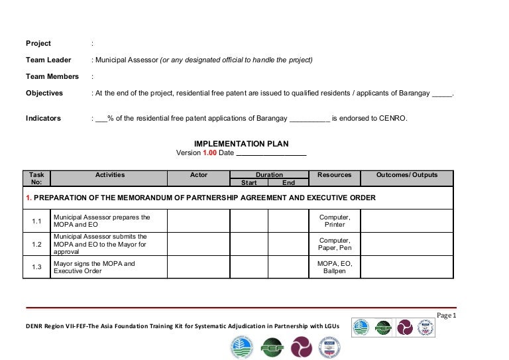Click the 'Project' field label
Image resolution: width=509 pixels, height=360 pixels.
click(x=38, y=44)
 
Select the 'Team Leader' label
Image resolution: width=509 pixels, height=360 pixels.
click(x=48, y=60)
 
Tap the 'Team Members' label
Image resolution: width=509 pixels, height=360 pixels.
click(x=52, y=77)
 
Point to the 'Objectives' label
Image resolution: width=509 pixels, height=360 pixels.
click(x=44, y=93)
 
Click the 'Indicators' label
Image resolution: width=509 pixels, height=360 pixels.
click(x=43, y=119)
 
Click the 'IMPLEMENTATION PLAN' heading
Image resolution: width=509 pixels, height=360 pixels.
click(x=241, y=144)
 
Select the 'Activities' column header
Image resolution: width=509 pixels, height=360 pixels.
click(x=110, y=175)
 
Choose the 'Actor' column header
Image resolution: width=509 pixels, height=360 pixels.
click(x=198, y=175)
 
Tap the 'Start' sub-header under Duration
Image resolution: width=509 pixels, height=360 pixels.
click(x=249, y=183)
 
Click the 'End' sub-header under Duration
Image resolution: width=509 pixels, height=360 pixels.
click(x=288, y=183)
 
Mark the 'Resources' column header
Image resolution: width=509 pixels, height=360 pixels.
click(x=334, y=175)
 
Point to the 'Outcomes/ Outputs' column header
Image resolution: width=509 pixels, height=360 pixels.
click(x=407, y=175)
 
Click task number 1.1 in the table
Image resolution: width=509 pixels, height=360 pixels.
click(x=37, y=221)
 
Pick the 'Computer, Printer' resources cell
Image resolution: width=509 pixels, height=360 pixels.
click(x=335, y=221)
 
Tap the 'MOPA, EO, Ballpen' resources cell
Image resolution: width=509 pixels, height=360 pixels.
click(x=335, y=267)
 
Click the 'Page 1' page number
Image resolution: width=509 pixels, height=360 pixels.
click(x=446, y=316)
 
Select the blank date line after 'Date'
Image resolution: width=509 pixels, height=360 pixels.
click(x=271, y=153)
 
